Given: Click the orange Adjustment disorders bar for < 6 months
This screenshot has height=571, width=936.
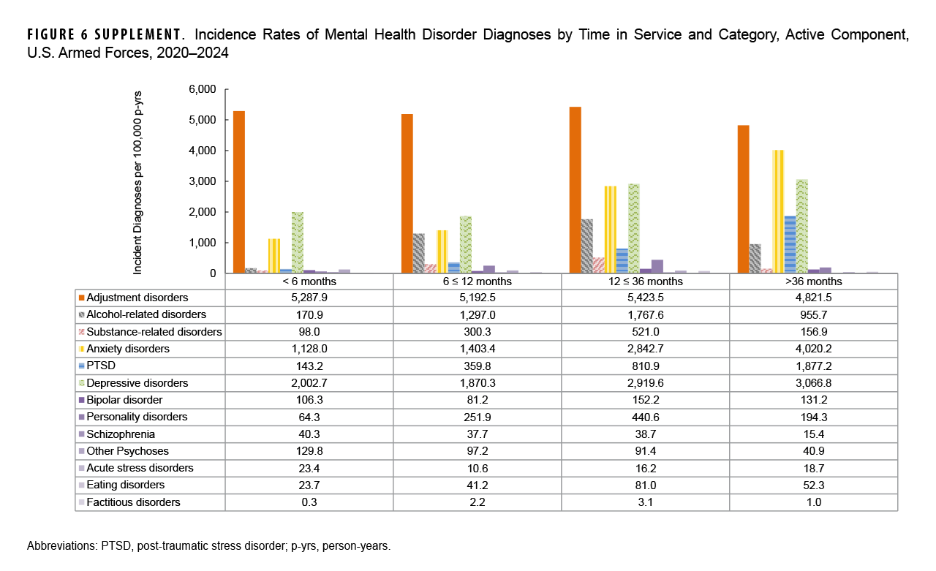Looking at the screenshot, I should pyautogui.click(x=239, y=192).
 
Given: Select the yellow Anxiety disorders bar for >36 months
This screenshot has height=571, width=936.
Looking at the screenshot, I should pyautogui.click(x=778, y=211).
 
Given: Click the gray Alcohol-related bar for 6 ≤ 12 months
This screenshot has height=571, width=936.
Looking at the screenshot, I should pyautogui.click(x=419, y=253).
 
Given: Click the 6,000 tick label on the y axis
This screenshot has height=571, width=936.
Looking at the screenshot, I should pyautogui.click(x=203, y=89).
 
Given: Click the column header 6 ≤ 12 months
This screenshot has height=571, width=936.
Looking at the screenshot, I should pyautogui.click(x=477, y=281).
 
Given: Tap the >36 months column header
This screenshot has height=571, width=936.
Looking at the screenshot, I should pyautogui.click(x=813, y=281).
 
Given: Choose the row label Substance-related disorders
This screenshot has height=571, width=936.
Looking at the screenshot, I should pyautogui.click(x=154, y=332).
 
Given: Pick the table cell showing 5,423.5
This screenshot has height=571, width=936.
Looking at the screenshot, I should pyautogui.click(x=645, y=298).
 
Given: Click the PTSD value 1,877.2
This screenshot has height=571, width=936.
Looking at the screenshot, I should pyautogui.click(x=813, y=366).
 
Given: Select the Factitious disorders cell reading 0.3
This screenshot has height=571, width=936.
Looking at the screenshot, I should pyautogui.click(x=309, y=502).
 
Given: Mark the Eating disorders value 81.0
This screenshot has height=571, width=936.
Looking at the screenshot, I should pyautogui.click(x=645, y=485).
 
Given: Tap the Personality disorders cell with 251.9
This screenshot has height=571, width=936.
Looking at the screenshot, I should pyautogui.click(x=477, y=417).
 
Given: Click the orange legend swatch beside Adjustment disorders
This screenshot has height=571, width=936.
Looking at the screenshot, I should pyautogui.click(x=81, y=298).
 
